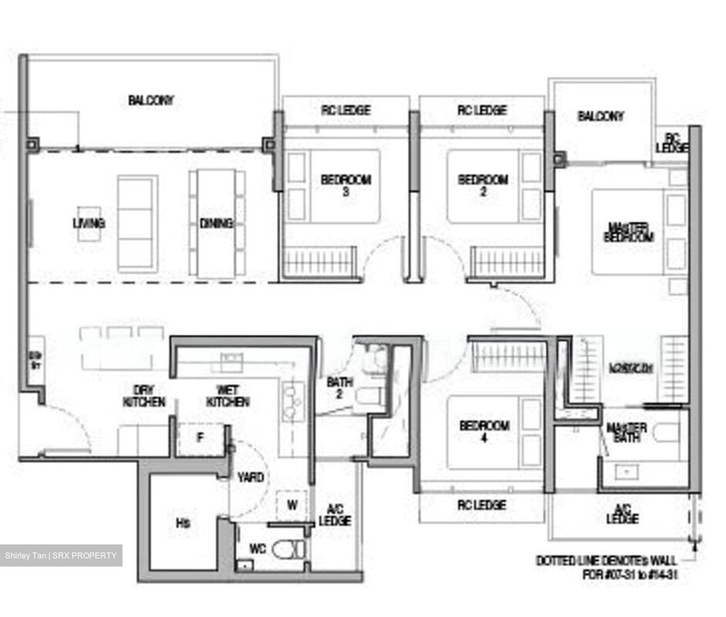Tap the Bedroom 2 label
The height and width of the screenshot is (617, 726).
point(482,185)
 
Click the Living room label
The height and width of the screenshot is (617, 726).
point(89,223)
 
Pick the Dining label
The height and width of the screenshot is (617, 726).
point(216,223)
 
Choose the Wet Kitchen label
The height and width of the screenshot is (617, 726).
point(227,396)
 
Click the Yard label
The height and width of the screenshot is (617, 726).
point(250,477)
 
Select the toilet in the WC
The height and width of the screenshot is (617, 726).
point(289,549)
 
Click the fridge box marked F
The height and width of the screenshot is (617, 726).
point(201,438)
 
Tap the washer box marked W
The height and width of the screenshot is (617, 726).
point(292,504)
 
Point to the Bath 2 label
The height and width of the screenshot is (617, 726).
point(339,388)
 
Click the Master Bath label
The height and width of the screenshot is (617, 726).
point(626,433)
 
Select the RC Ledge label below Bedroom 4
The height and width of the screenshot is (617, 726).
point(481,505)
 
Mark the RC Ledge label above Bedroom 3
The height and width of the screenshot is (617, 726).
point(346,110)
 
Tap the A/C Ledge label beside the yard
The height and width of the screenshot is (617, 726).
point(335,515)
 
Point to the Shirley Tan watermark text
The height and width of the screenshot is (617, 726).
point(61,556)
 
